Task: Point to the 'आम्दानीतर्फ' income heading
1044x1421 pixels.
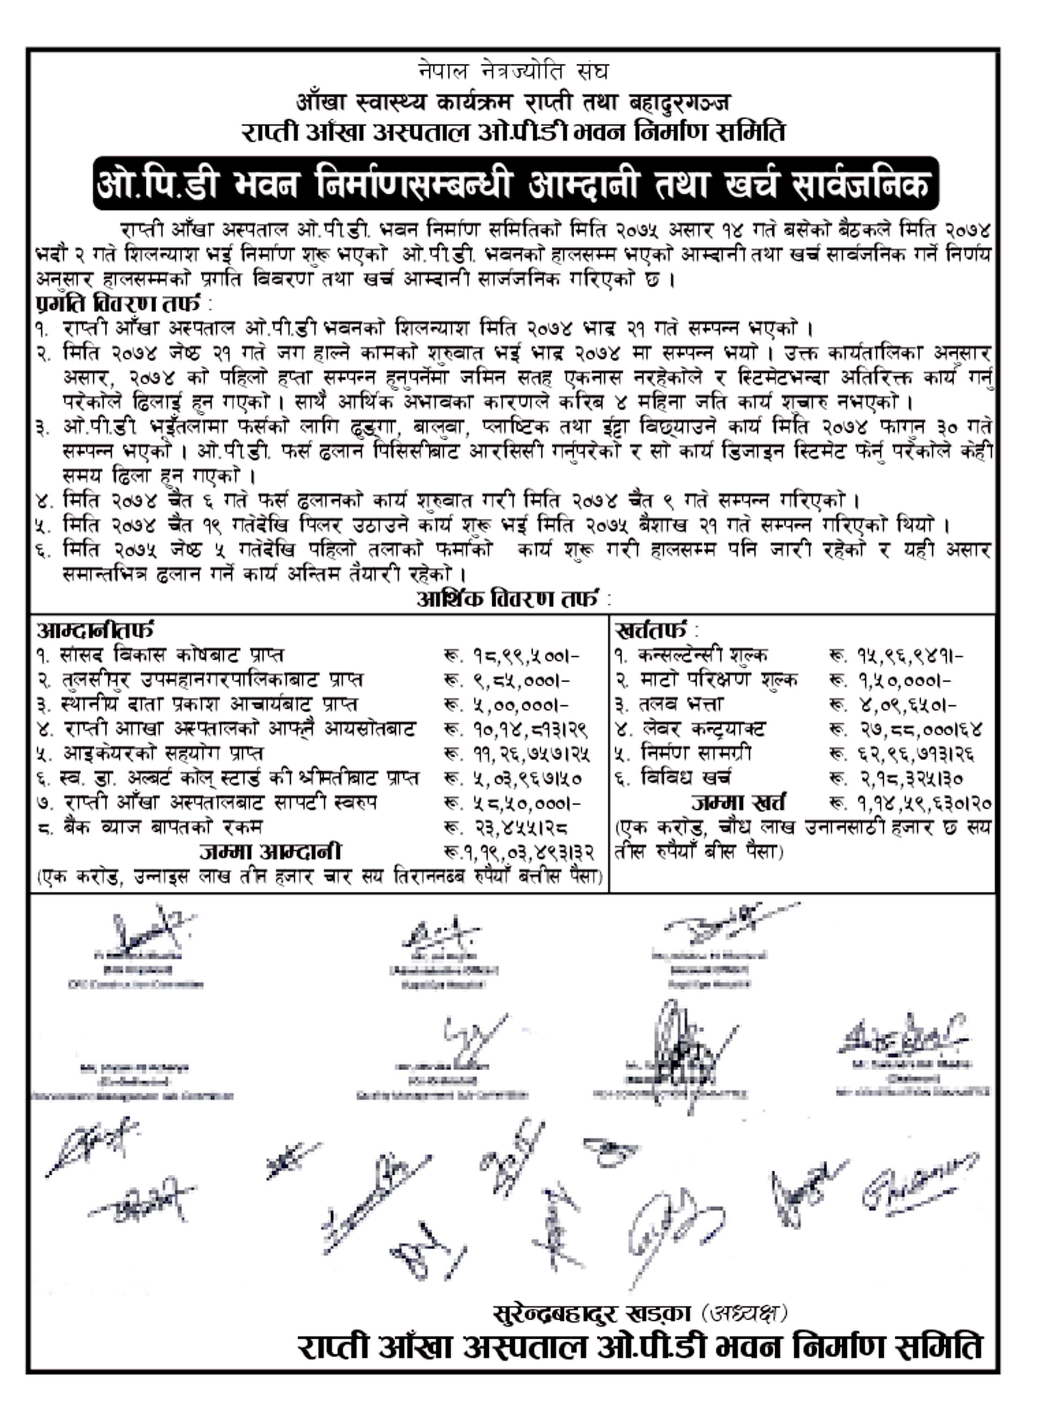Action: point(95,630)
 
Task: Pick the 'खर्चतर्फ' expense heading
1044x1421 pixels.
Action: point(650,630)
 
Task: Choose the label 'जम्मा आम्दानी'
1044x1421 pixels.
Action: point(271,852)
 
